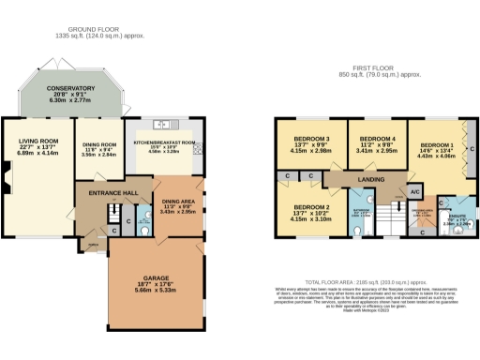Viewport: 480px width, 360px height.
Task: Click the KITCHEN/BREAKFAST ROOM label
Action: coord(170,142)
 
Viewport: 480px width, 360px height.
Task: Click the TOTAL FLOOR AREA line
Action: coord(367,281)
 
